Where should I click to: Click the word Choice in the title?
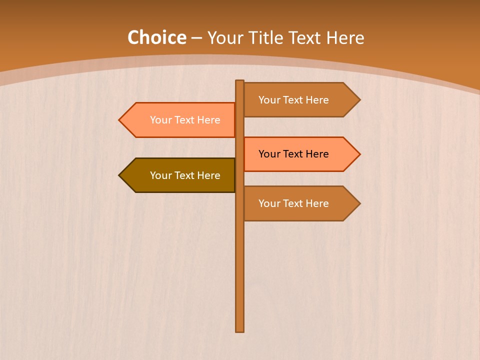tap(156, 38)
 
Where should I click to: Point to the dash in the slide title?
tap(196, 38)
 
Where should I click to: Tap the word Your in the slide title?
tap(225, 38)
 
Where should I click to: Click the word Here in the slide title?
tap(345, 38)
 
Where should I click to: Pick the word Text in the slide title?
tap(306, 38)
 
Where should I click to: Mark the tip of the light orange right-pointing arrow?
tap(359, 154)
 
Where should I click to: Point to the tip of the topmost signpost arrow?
tap(359, 100)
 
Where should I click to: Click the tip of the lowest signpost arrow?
tap(359, 203)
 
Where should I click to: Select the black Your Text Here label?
tap(293, 154)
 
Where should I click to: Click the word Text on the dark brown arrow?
tap(185, 175)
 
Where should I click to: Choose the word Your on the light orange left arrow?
tap(160, 120)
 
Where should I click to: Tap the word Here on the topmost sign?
tap(317, 100)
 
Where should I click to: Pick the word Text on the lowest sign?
tap(293, 203)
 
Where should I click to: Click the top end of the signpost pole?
tap(239, 81)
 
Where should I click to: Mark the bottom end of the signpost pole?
tap(239, 330)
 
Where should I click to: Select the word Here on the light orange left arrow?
tap(208, 120)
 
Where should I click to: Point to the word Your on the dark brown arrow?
tap(160, 175)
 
